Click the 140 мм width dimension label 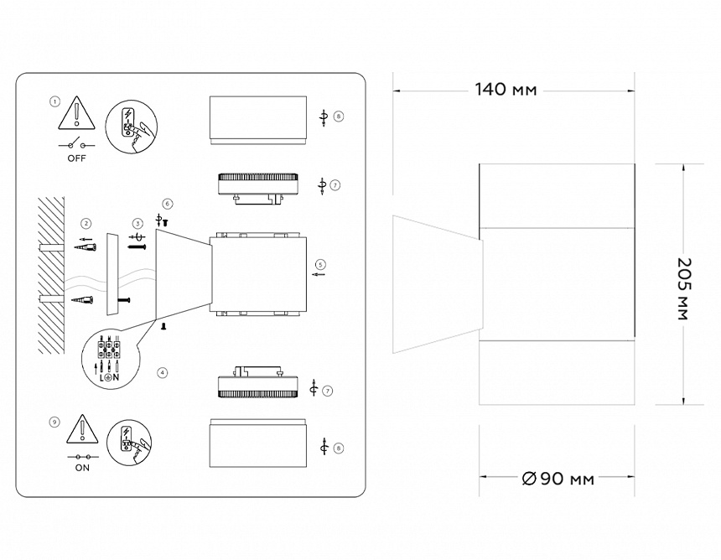[x=506, y=89]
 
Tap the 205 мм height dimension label [x=684, y=288]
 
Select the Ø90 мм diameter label [x=558, y=479]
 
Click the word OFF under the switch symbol [x=76, y=158]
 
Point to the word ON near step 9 [x=82, y=468]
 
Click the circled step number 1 [x=54, y=101]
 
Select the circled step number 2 [x=86, y=224]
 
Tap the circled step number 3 [x=137, y=224]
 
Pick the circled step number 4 [x=162, y=372]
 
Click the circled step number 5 [x=320, y=264]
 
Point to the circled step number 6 [x=168, y=203]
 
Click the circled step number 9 [x=54, y=422]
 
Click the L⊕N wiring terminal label [x=110, y=378]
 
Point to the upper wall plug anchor [x=85, y=247]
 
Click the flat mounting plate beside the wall [x=112, y=274]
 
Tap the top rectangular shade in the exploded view [x=258, y=120]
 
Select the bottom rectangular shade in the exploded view [x=258, y=443]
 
